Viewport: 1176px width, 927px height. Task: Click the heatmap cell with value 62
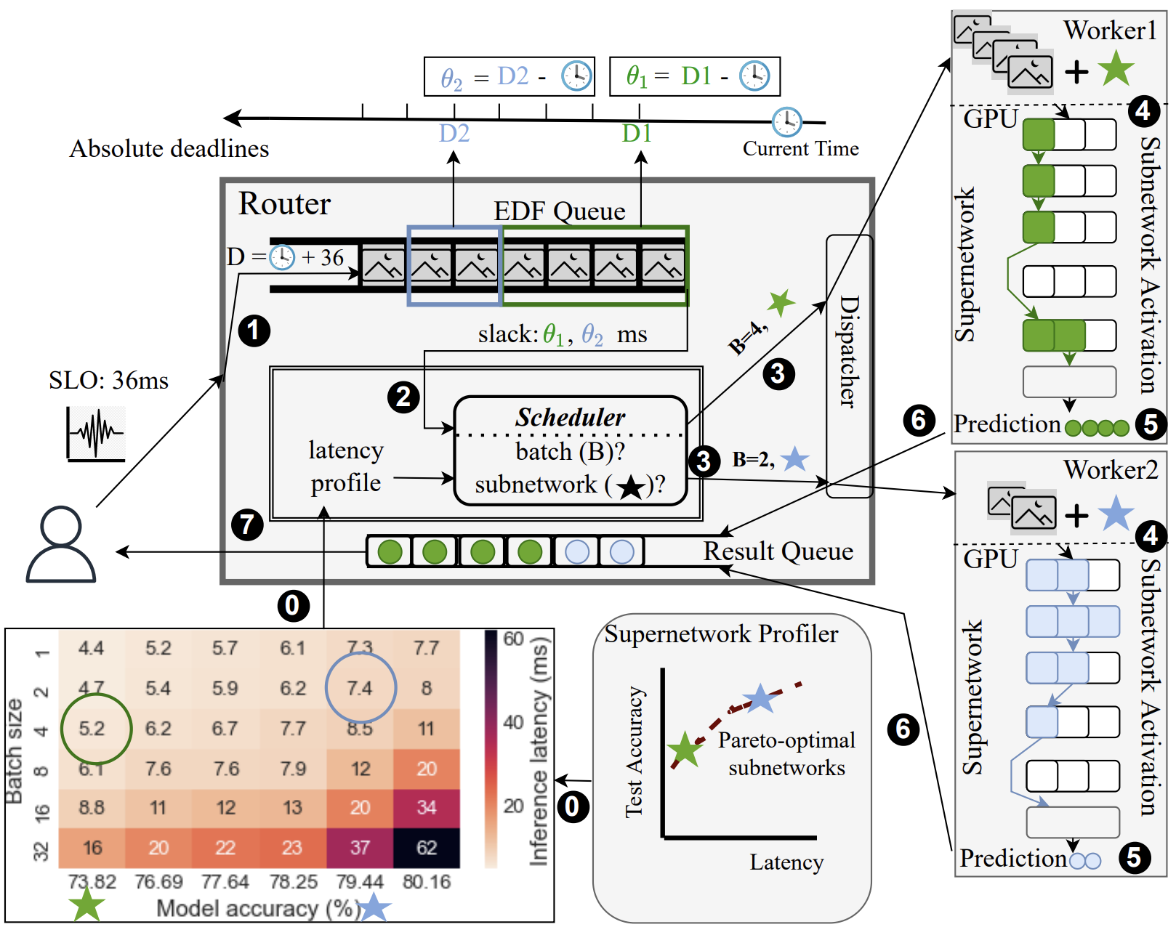427,848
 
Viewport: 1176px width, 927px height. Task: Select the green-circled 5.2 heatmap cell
92,729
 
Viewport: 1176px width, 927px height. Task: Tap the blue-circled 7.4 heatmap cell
360,688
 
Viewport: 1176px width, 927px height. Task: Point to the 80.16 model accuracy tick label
427,882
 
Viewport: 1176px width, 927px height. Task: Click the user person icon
61,544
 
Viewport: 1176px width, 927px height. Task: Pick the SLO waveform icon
95,434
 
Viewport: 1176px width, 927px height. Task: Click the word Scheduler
570,417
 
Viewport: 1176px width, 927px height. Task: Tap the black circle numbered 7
247,524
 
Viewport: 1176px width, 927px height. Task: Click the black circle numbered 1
254,331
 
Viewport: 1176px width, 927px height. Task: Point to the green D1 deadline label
637,134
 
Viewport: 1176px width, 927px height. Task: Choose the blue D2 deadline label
454,134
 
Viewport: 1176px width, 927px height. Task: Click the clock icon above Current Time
786,122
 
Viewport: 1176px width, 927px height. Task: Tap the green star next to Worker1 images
1116,69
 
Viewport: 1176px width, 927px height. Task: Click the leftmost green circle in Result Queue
390,552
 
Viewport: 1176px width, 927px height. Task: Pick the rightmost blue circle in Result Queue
621,552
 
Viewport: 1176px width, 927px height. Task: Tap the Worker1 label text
1110,31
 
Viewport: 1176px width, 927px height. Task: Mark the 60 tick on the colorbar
513,639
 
